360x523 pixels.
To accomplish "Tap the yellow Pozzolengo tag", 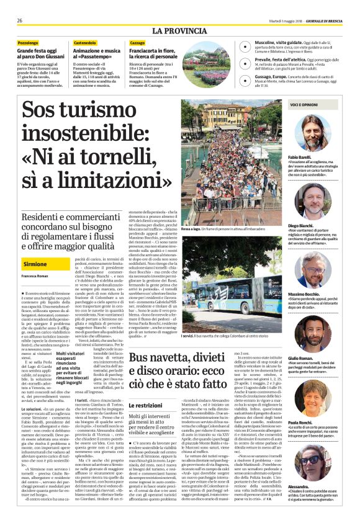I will (x=27, y=42).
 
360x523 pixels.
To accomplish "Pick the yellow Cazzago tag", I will (x=137, y=42).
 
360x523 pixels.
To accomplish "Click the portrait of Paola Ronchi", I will (x=313, y=398).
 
